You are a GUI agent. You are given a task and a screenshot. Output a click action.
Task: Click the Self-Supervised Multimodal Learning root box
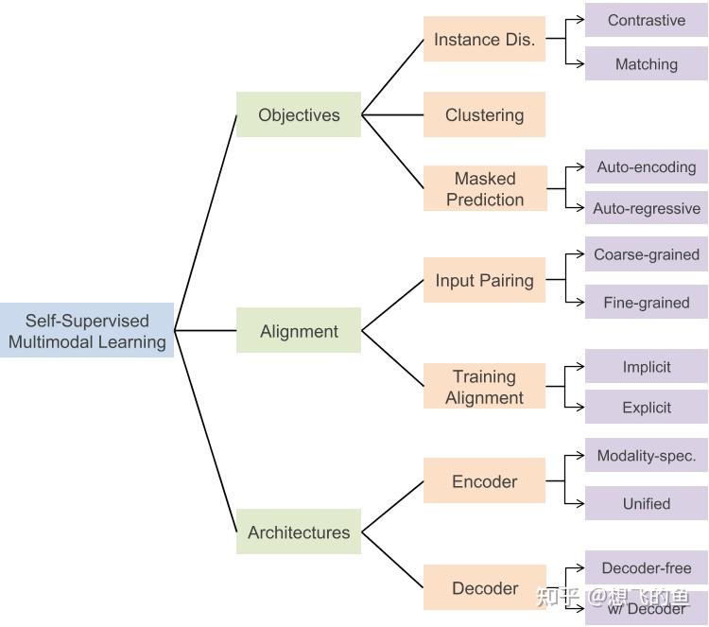point(87,330)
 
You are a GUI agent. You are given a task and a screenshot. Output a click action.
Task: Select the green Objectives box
point(299,115)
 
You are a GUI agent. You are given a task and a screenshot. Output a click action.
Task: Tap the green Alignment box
point(299,331)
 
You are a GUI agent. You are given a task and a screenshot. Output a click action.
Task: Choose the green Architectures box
point(299,531)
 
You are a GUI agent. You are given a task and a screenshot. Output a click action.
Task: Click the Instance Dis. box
point(484,40)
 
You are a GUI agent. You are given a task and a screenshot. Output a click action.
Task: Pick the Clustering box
point(484,115)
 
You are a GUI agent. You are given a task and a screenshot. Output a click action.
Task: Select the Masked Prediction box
point(484,188)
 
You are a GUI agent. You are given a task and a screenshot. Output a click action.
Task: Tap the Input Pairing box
point(484,280)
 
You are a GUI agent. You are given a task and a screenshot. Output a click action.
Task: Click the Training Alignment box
point(484,387)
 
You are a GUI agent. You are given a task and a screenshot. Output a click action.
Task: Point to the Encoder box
point(484,481)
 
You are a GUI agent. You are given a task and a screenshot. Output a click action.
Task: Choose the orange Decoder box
point(484,587)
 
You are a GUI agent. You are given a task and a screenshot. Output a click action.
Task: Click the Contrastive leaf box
point(647,20)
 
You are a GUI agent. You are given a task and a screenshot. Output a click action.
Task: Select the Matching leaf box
point(647,64)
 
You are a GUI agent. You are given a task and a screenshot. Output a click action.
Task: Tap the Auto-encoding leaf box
point(647,166)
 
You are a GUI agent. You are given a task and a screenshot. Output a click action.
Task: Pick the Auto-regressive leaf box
point(647,208)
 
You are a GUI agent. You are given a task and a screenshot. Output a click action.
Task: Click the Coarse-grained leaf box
point(647,254)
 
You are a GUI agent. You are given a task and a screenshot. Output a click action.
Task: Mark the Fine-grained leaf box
point(647,303)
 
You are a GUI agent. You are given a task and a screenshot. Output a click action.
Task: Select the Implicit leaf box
point(647,367)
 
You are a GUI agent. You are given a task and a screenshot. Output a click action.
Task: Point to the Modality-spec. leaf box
point(647,456)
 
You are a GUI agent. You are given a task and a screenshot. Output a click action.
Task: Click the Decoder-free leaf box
point(647,567)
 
